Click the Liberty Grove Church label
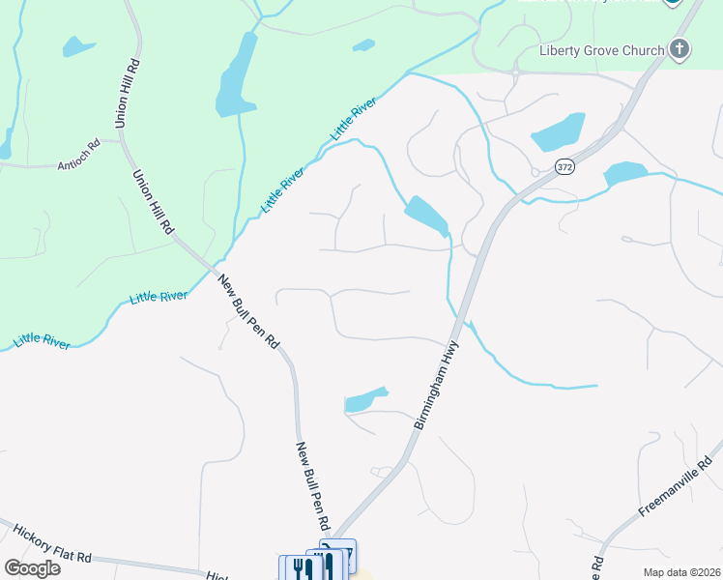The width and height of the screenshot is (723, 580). (602, 50)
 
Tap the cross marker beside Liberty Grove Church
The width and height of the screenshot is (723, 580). (680, 49)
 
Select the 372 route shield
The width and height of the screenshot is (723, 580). (565, 167)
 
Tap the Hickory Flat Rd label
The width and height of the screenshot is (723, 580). (52, 544)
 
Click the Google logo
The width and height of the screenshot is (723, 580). (32, 567)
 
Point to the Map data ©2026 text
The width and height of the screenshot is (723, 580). (681, 572)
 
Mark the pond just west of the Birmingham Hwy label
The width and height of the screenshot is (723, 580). (365, 399)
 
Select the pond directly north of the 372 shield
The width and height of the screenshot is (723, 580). (558, 131)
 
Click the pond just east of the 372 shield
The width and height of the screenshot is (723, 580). (624, 174)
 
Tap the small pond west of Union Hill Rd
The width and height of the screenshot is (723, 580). (77, 45)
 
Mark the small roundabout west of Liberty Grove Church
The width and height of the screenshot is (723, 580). (516, 71)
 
